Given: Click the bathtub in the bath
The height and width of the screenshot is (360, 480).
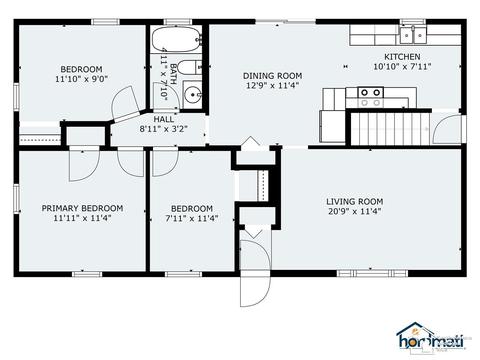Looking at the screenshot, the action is click(x=176, y=39).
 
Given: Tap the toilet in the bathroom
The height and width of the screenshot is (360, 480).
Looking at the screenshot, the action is click(x=189, y=68).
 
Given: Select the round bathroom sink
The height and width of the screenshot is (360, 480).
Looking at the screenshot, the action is click(x=193, y=94).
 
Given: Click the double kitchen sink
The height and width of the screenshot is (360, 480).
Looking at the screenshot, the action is click(x=413, y=35).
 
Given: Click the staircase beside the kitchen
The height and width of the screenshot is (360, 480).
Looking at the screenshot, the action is click(x=391, y=129).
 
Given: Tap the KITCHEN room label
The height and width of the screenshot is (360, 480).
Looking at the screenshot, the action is click(x=402, y=57).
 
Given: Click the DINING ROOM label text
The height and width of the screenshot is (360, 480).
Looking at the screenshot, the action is click(x=272, y=76).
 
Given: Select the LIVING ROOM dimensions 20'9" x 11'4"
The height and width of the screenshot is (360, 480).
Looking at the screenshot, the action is click(x=355, y=211).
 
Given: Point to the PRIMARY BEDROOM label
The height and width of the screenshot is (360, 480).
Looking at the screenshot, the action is click(x=82, y=208).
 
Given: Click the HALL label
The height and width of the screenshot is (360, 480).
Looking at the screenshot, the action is click(x=163, y=119).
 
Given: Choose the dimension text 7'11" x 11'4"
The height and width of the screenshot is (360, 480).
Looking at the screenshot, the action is click(x=192, y=219).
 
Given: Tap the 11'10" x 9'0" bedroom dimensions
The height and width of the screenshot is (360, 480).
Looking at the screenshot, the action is click(x=81, y=79).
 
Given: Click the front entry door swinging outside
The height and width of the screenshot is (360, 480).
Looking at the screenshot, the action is click(x=255, y=288).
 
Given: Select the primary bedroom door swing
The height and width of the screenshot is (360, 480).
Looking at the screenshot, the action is click(x=84, y=164).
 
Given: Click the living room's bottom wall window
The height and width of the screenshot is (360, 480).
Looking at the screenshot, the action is click(x=372, y=274).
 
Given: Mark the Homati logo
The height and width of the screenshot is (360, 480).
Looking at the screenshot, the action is click(x=431, y=338).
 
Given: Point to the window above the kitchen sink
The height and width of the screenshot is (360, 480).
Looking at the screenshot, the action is click(x=413, y=22).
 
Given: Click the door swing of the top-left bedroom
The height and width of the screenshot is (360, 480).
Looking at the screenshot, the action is click(x=125, y=103).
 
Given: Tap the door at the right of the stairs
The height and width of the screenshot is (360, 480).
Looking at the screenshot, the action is click(x=448, y=129).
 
